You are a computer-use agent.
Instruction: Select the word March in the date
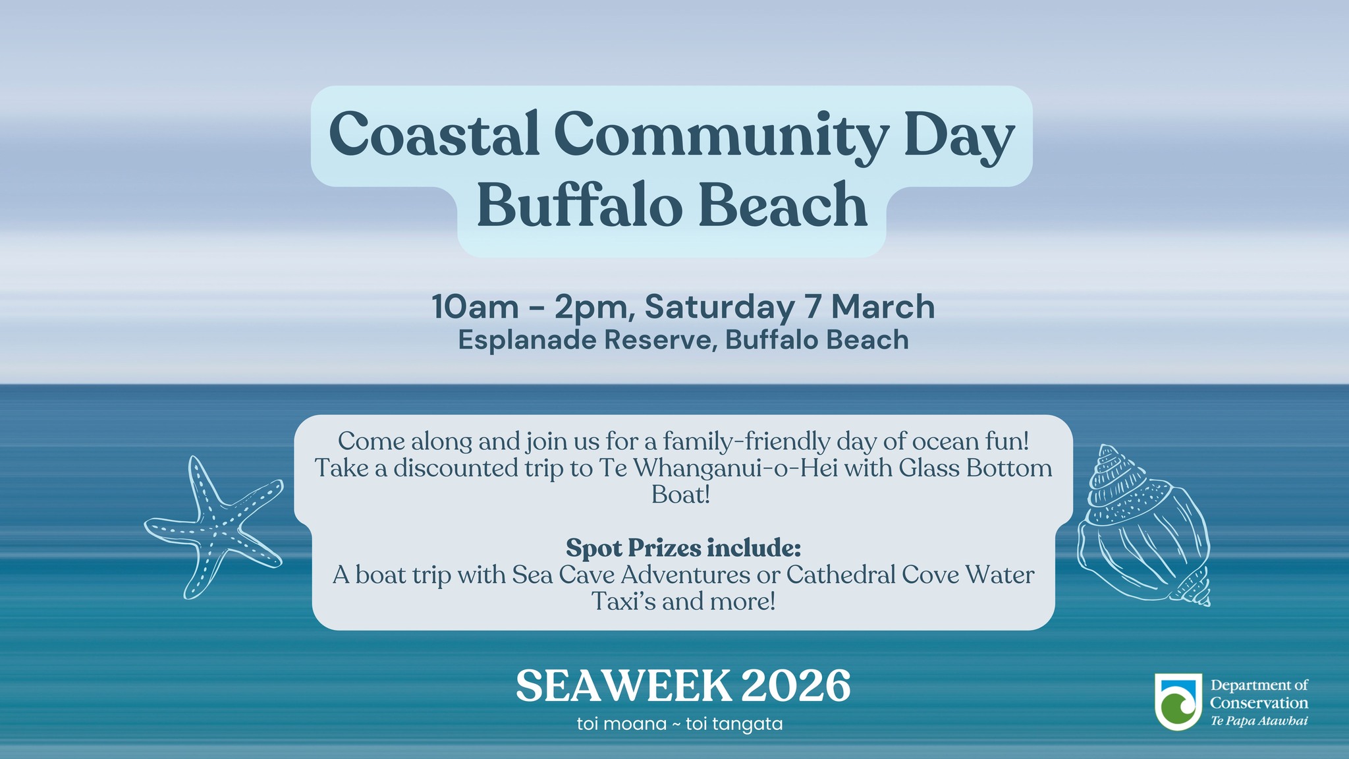click(883, 308)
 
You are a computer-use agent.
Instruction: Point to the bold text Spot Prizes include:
click(683, 548)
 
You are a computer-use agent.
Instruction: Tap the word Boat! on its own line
click(681, 495)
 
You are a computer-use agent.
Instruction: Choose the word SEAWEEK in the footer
click(624, 686)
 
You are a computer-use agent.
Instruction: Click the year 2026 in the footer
click(796, 686)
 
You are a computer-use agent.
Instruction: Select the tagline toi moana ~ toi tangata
click(680, 724)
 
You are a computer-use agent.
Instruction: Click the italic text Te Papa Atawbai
click(1259, 721)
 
